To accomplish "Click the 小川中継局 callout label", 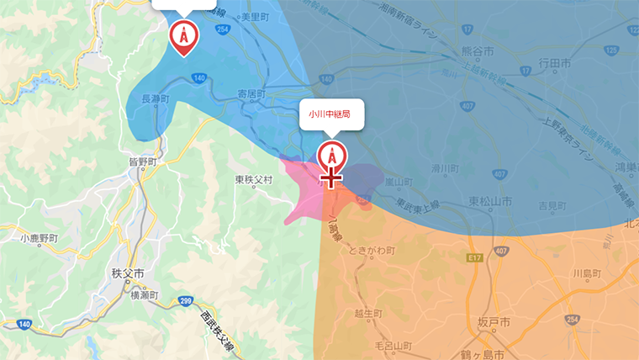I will click(332, 113).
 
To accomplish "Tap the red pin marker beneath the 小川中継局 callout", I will click(331, 155).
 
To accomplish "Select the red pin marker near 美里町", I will click(183, 35).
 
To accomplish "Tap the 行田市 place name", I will click(555, 63).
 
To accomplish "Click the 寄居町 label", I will click(251, 94).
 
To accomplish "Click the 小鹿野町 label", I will click(40, 238).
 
